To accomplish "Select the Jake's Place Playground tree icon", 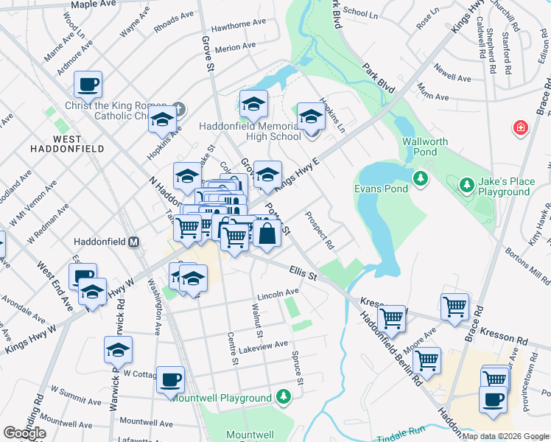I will click(466, 183).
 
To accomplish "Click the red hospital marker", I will click(522, 128).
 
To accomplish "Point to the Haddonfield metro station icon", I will click(134, 242).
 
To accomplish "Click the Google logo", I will click(24, 432).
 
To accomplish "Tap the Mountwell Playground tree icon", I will click(283, 398).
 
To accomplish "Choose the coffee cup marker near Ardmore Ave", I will click(88, 84).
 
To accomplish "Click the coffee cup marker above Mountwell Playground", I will click(171, 379).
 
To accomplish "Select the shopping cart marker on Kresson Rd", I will click(455, 306).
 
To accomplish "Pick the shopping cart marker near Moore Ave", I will click(427, 360).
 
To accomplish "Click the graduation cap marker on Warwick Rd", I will click(118, 350).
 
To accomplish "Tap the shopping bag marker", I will click(268, 234).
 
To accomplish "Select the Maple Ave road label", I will click(94, 4).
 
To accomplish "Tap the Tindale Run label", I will click(401, 437).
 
